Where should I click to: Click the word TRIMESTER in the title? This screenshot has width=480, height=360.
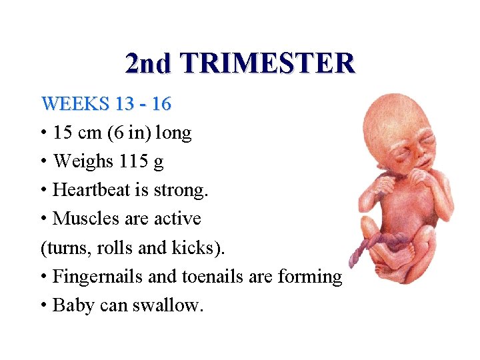[x=267, y=63]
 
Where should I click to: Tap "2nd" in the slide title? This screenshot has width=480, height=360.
[x=147, y=63]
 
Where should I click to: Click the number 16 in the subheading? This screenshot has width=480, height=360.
[x=161, y=104]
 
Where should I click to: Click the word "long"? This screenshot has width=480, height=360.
[x=173, y=133]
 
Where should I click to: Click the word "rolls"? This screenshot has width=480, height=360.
[x=114, y=247]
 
